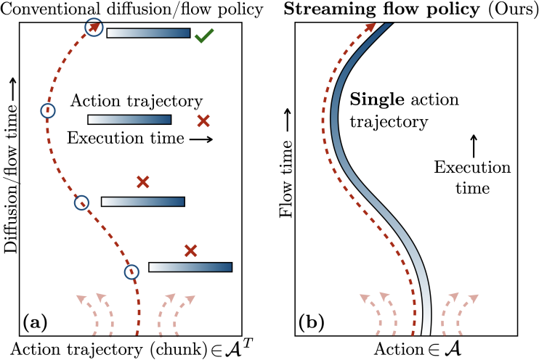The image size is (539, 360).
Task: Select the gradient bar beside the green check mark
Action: click(148, 33)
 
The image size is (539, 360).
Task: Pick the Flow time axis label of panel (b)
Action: click(285, 171)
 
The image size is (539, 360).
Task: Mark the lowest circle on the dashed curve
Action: click(131, 272)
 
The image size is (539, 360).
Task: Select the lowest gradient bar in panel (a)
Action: click(190, 267)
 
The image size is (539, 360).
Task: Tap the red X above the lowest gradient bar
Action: click(190, 251)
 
